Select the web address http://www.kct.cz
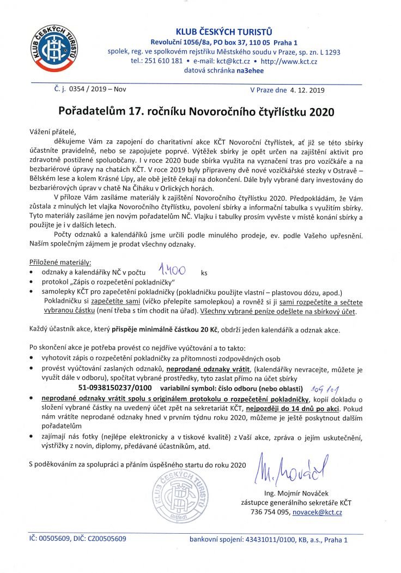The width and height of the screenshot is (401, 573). [x=292, y=62]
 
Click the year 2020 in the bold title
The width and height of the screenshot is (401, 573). [x=322, y=111]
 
